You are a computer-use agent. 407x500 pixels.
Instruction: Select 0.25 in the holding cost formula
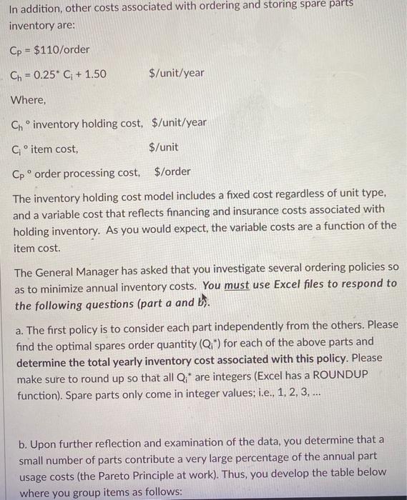point(52,74)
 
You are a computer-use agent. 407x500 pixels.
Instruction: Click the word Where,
point(29,99)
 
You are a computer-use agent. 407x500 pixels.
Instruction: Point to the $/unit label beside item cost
point(164,148)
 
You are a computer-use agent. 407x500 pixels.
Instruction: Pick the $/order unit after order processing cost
point(172,172)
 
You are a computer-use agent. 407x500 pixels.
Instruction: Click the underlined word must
point(237,284)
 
